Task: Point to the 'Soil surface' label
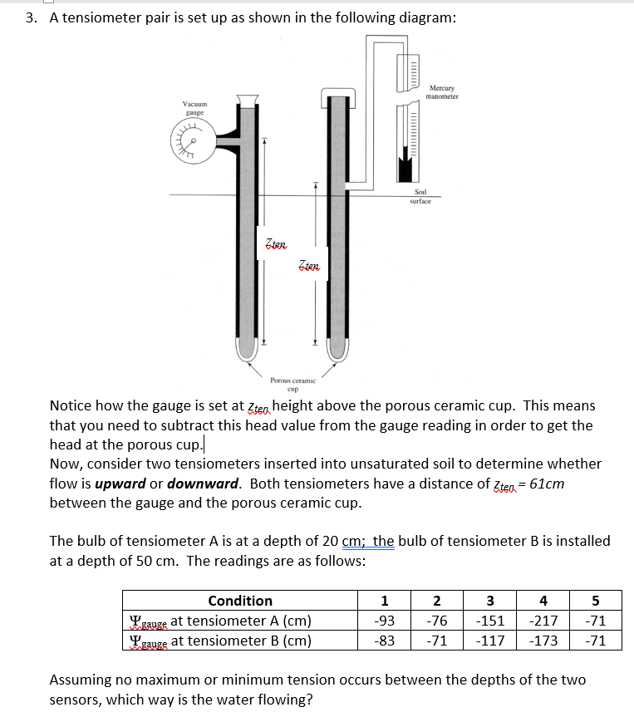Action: click(420, 197)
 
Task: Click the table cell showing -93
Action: click(384, 621)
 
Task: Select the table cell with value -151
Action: click(489, 621)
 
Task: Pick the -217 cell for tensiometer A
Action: click(543, 621)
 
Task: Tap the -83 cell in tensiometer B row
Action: click(384, 640)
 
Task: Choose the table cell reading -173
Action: click(543, 640)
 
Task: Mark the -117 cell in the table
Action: click(489, 640)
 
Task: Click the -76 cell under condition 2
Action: click(437, 621)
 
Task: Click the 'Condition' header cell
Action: click(240, 601)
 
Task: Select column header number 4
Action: click(543, 601)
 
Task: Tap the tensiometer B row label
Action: click(220, 640)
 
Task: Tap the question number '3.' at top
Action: click(31, 18)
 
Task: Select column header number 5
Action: click(595, 601)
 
